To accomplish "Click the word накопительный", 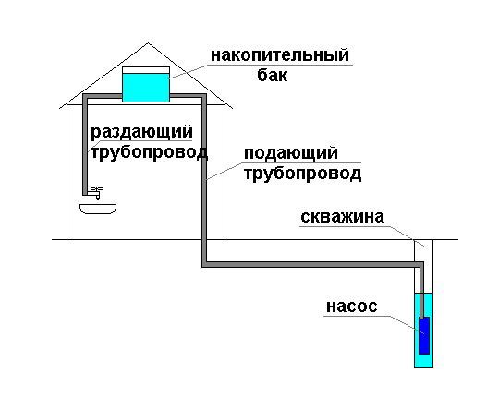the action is [280, 55].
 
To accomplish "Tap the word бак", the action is [272, 75].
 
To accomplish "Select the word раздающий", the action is [142, 132].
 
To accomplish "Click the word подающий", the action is [291, 153].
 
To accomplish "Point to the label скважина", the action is [343, 217].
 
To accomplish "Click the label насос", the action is [352, 307].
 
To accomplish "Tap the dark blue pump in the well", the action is [424, 335].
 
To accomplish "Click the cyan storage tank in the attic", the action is [146, 88].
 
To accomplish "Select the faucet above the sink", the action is [95, 192].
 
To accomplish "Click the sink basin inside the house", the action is [98, 209].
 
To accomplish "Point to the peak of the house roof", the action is [148, 43].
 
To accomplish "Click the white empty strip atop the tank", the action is [146, 70].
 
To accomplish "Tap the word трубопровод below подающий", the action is [303, 174].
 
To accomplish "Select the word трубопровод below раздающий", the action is [150, 152].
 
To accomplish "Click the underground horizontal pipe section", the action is [313, 264].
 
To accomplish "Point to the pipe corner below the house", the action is [204, 264].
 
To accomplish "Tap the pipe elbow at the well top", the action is [421, 264].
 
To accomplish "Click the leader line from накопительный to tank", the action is [189, 71].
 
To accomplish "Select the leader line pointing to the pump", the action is [407, 325].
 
